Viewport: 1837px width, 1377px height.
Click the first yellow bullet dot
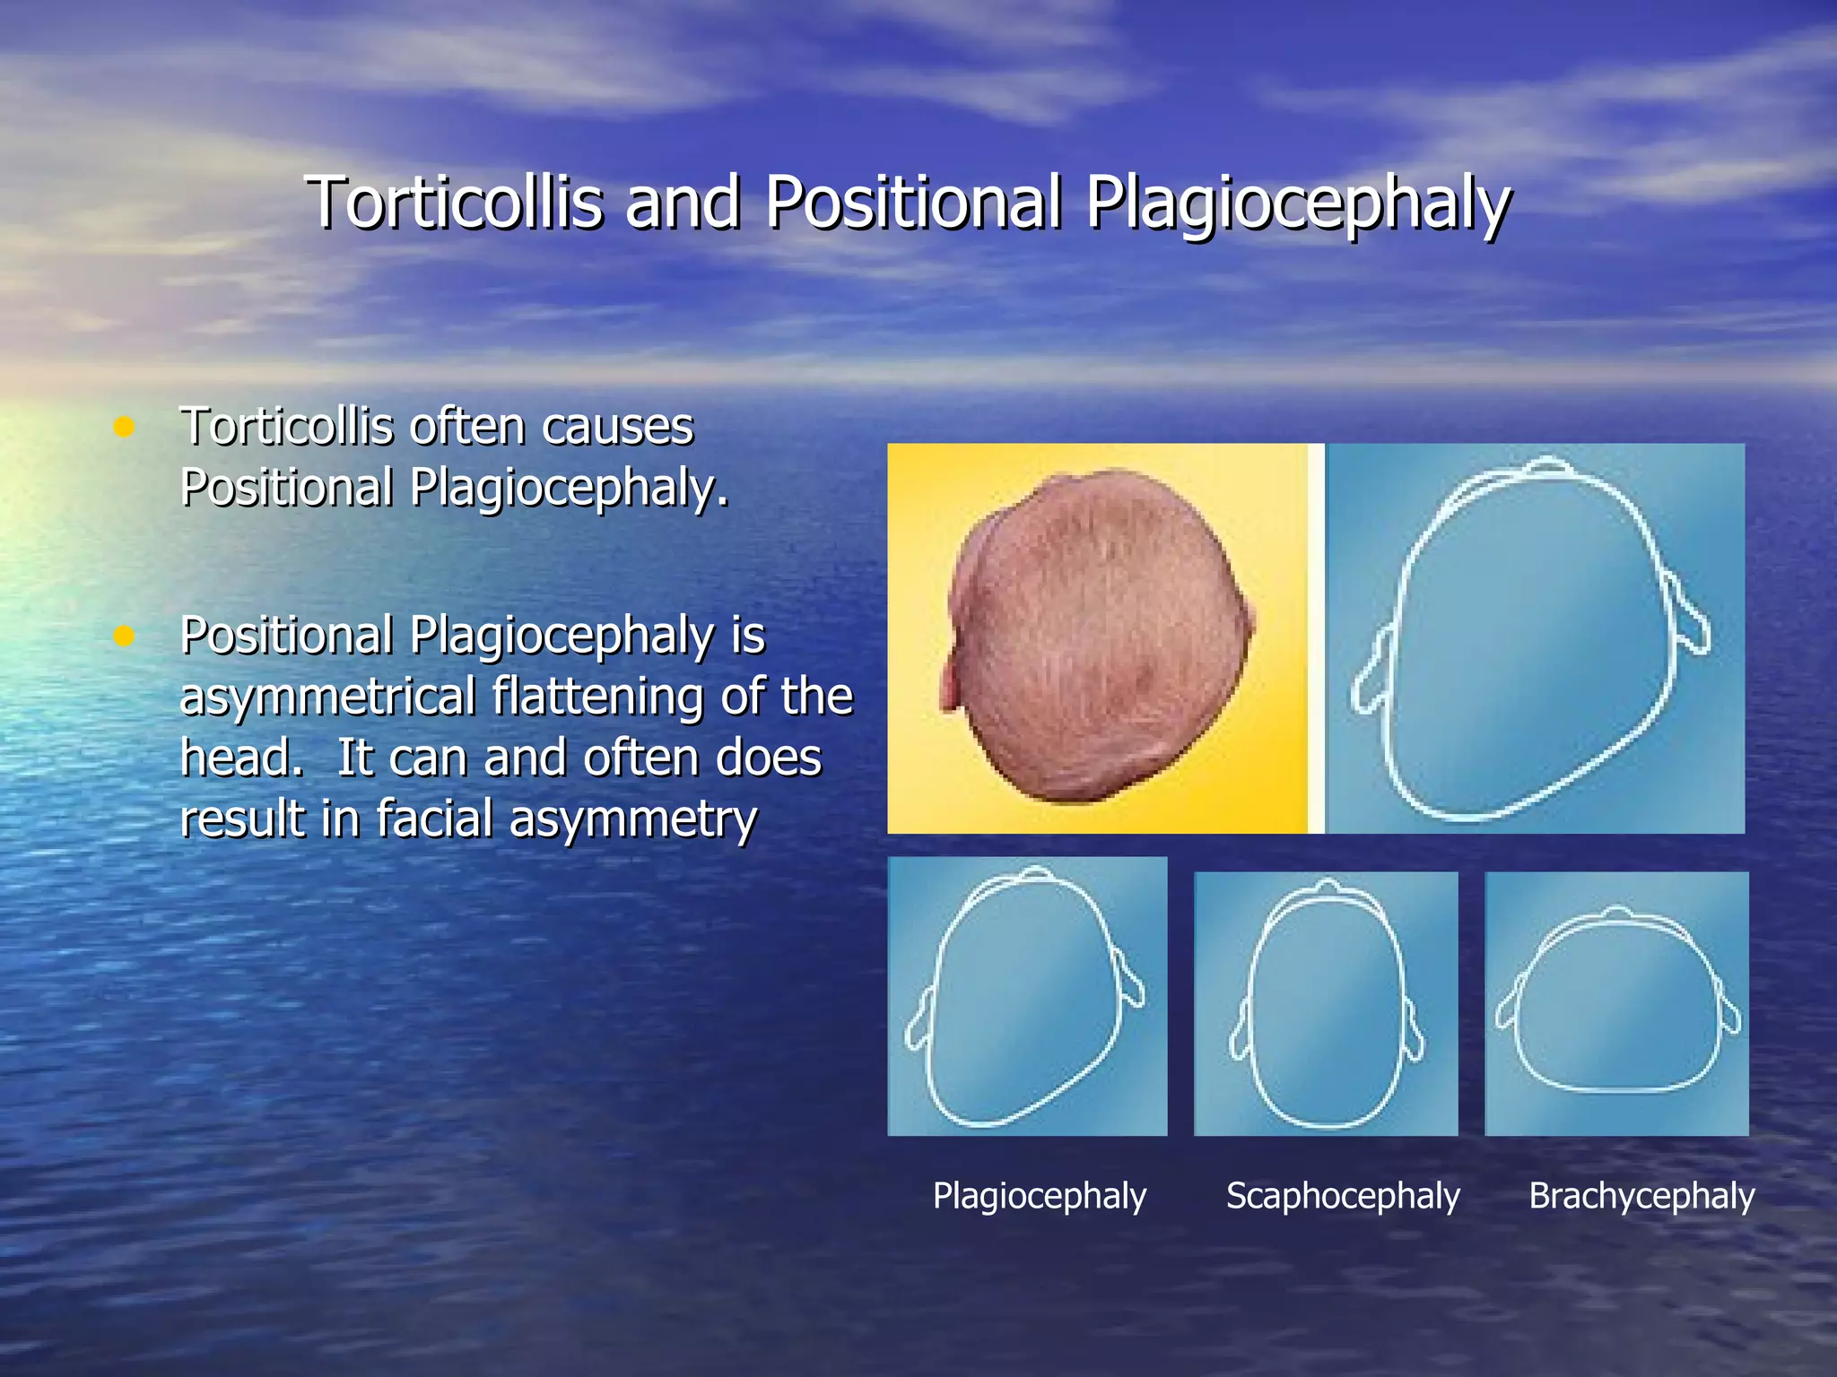[124, 427]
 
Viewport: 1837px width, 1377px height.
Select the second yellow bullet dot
[124, 637]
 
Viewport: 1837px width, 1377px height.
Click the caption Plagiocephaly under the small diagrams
[1039, 1196]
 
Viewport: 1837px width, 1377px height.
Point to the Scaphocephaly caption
[1343, 1196]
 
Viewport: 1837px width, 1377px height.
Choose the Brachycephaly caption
[1641, 1196]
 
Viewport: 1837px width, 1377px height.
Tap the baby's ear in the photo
[951, 681]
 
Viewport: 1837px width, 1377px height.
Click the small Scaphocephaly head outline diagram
[1326, 1004]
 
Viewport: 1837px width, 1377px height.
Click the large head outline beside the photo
[1529, 641]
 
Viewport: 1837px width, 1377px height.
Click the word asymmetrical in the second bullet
[327, 697]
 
